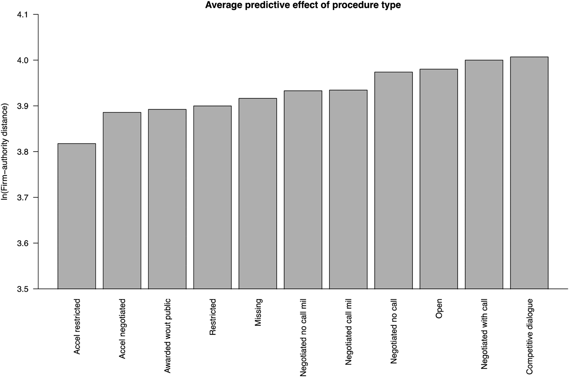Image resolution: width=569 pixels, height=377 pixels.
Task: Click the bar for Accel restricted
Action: click(x=77, y=216)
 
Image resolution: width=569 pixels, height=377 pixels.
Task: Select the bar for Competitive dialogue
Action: click(x=529, y=173)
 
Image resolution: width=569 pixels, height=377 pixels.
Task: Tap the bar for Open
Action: click(x=439, y=179)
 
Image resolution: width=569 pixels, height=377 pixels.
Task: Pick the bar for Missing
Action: click(x=258, y=193)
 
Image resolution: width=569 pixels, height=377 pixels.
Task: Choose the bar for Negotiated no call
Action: click(x=393, y=180)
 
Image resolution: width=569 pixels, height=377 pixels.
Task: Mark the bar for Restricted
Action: click(x=212, y=197)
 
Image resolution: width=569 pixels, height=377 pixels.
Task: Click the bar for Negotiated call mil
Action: click(x=348, y=189)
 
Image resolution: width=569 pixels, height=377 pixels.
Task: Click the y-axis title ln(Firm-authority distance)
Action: click(x=5, y=152)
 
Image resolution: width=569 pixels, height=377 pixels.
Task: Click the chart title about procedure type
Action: click(x=303, y=5)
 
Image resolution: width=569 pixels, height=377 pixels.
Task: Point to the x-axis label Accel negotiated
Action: click(x=122, y=329)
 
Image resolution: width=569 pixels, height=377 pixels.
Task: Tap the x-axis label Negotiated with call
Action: click(x=484, y=334)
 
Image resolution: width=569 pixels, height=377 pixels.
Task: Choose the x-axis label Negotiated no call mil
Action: click(x=303, y=337)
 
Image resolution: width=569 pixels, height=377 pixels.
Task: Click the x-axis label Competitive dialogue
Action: click(x=529, y=336)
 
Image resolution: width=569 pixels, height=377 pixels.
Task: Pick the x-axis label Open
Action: click(x=439, y=309)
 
